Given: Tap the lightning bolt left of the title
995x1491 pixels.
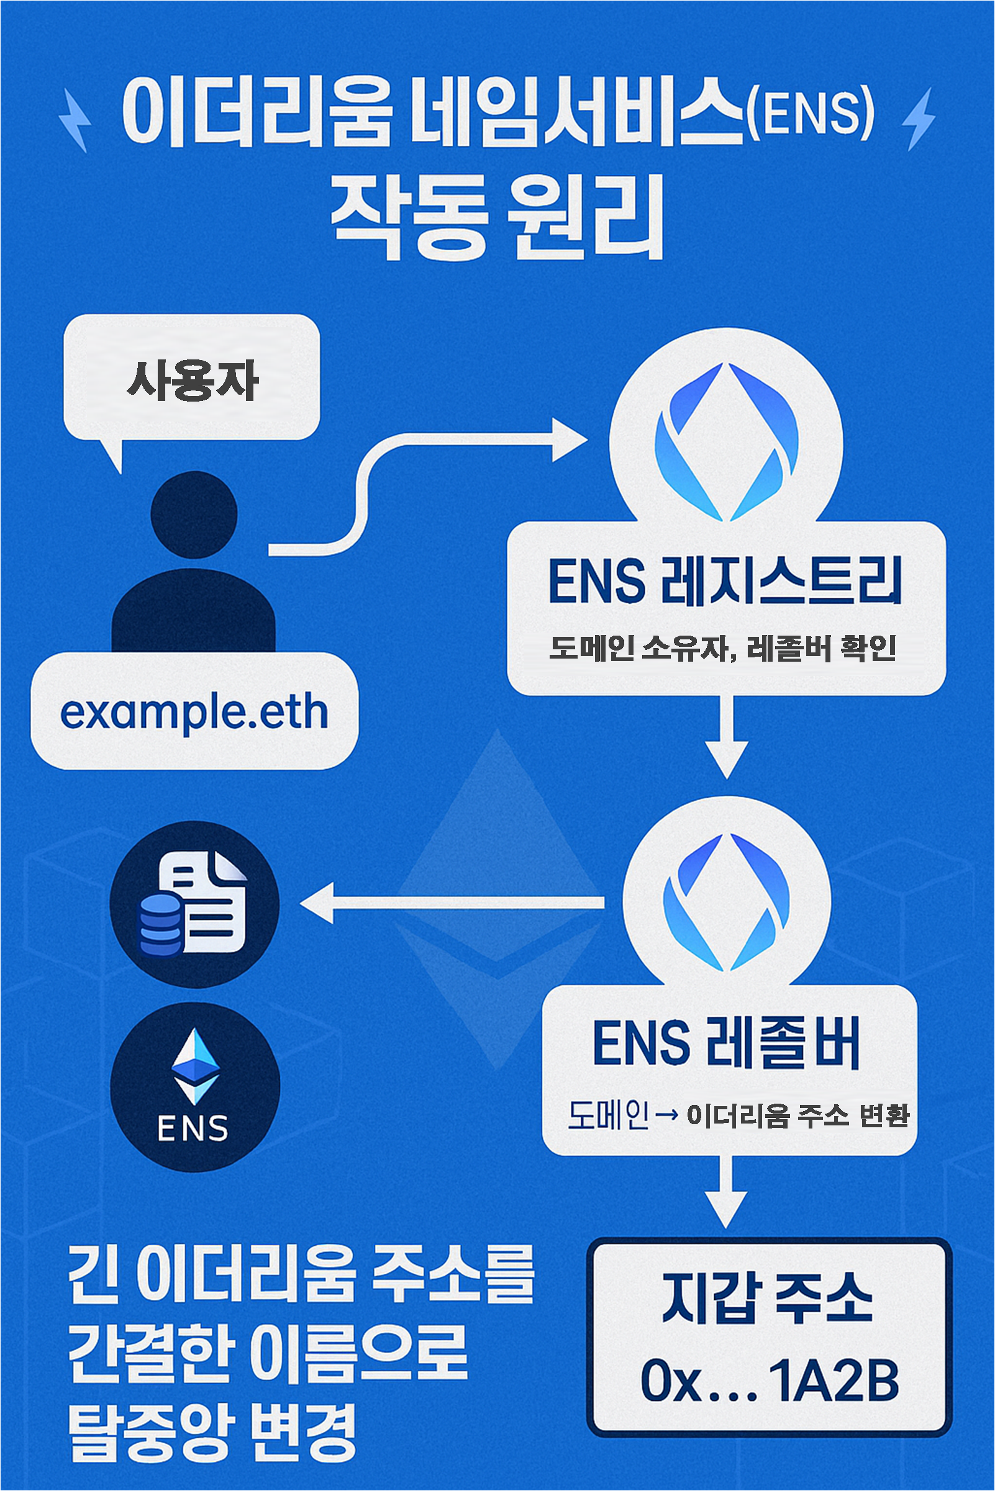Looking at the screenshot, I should pyautogui.click(x=75, y=120).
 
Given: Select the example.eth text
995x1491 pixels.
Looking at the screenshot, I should pyautogui.click(x=194, y=713).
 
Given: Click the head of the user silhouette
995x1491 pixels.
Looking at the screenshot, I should pyautogui.click(x=194, y=514).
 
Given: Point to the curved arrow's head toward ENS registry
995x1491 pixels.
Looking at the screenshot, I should pyautogui.click(x=568, y=439).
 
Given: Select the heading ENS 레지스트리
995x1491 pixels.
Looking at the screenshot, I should pyautogui.click(x=725, y=581).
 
